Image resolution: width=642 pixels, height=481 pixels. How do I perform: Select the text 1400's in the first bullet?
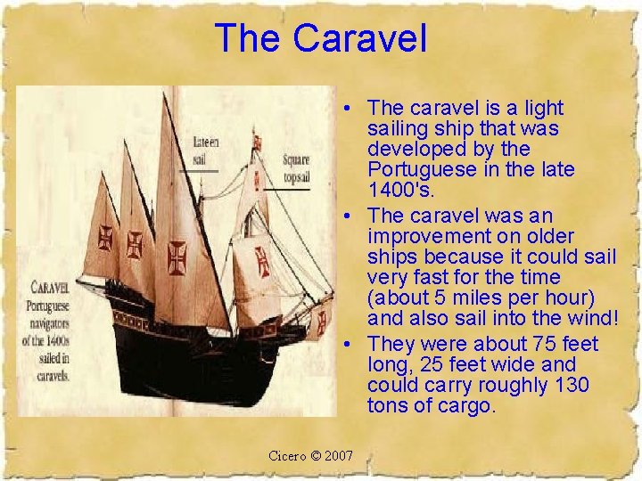tap(396, 190)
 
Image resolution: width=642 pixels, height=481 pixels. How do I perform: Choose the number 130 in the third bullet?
tap(571, 385)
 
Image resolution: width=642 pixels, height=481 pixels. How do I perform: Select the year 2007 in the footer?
tap(339, 456)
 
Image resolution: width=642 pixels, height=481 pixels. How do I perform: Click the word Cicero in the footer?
tap(286, 456)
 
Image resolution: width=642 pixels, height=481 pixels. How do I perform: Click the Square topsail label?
tap(295, 169)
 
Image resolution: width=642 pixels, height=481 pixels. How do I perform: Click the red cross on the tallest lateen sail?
tap(177, 256)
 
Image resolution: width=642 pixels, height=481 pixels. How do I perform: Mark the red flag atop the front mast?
tap(258, 140)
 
